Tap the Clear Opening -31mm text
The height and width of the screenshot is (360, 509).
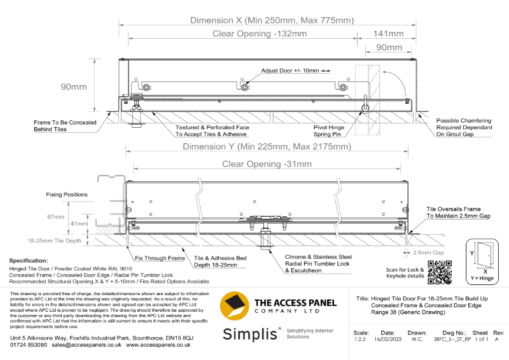(267, 164)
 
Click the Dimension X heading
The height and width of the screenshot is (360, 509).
(272, 20)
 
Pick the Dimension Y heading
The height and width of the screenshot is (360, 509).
(267, 147)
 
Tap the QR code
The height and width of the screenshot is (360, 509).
(439, 272)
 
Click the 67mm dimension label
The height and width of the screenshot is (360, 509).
(55, 217)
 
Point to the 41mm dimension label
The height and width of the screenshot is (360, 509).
(80, 224)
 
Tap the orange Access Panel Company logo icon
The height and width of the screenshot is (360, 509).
(234, 306)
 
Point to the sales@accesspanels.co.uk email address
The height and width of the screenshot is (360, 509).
(87, 344)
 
